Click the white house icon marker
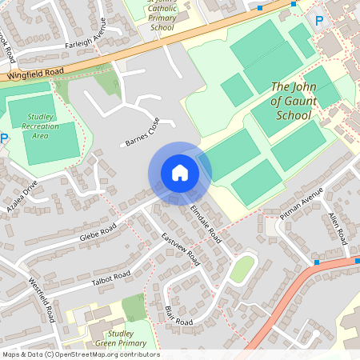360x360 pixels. [180, 173]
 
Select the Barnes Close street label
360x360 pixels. [142, 132]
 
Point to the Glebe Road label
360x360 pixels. [98, 233]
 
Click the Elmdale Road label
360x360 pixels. [206, 223]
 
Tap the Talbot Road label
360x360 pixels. [110, 278]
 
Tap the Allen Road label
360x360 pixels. [337, 229]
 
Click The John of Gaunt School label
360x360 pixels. [294, 101]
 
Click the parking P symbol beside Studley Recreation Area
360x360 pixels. [3, 138]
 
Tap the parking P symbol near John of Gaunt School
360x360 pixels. [320, 21]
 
